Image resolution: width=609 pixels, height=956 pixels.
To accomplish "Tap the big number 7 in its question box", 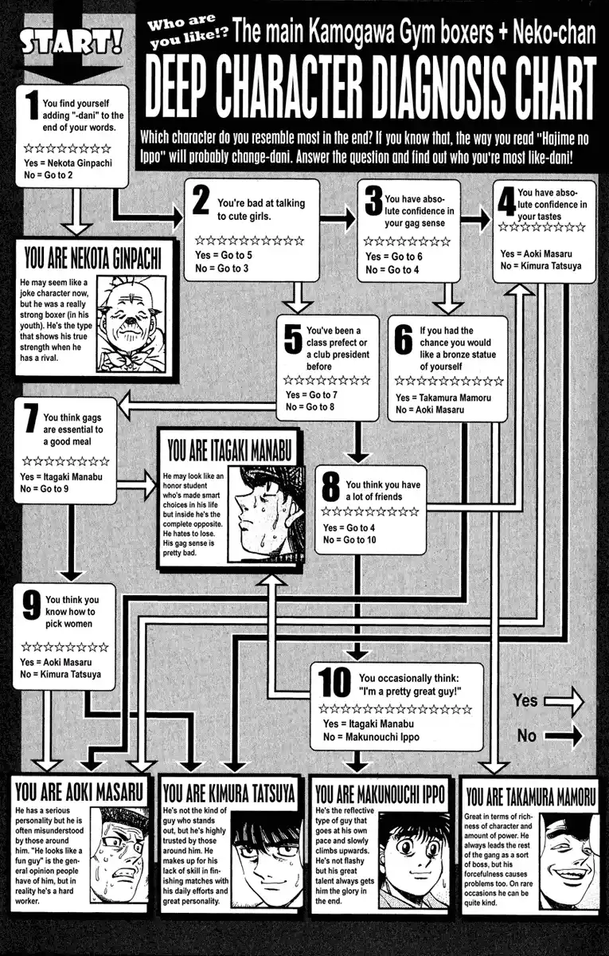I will click(x=30, y=418).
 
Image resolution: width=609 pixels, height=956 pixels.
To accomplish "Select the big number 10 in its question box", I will click(x=334, y=683).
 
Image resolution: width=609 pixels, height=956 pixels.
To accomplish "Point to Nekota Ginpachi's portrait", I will click(x=131, y=323).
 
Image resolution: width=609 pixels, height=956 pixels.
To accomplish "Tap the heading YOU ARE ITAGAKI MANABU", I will click(x=230, y=449).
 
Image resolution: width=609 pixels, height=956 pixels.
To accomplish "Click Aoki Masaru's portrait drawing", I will click(x=120, y=852).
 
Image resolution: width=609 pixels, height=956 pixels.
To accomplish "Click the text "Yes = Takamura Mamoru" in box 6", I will click(x=443, y=397).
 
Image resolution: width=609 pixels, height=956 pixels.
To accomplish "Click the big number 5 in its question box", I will click(x=292, y=339).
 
